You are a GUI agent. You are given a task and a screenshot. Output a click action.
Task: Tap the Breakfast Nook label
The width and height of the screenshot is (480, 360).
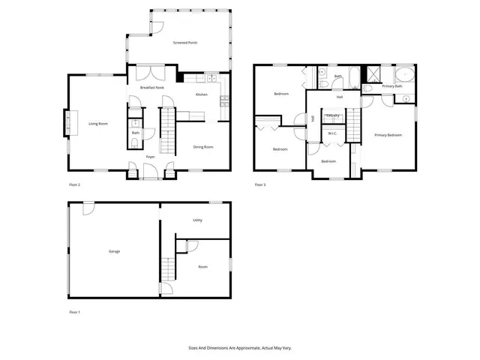click(152, 88)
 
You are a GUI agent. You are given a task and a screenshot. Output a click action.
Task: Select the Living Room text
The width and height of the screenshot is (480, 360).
click(98, 123)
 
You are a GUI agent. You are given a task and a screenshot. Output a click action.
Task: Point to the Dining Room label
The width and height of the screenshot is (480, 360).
click(203, 147)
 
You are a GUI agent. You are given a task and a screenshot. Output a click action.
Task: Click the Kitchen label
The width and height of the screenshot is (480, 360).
click(202, 94)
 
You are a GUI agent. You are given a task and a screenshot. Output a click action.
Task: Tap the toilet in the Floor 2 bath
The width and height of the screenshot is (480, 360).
click(135, 142)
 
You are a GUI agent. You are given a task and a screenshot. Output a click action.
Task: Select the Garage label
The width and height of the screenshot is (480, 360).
click(114, 251)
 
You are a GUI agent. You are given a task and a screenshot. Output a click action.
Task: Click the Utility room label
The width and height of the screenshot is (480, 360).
click(198, 220)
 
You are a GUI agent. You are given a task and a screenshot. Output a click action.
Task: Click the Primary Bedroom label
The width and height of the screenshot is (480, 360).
click(388, 135)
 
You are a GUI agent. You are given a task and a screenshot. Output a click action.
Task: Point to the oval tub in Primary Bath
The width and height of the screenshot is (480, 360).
click(404, 75)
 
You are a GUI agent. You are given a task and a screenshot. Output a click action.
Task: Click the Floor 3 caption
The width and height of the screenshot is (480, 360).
click(260, 184)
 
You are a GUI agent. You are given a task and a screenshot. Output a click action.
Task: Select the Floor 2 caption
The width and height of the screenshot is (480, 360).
click(74, 184)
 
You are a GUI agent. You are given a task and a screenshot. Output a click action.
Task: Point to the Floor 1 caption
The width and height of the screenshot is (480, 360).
click(74, 311)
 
